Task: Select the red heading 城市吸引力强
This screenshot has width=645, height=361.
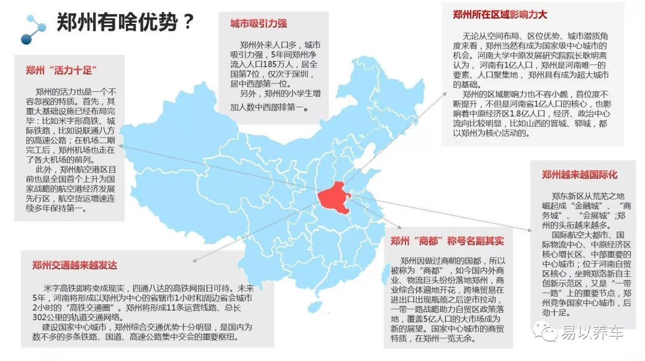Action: [259, 24]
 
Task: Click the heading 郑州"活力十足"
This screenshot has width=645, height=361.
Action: [62, 70]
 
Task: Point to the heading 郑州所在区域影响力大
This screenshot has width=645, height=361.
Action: [500, 14]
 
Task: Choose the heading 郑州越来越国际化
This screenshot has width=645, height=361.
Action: [580, 175]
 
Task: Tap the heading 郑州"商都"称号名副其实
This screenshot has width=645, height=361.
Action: [447, 241]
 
